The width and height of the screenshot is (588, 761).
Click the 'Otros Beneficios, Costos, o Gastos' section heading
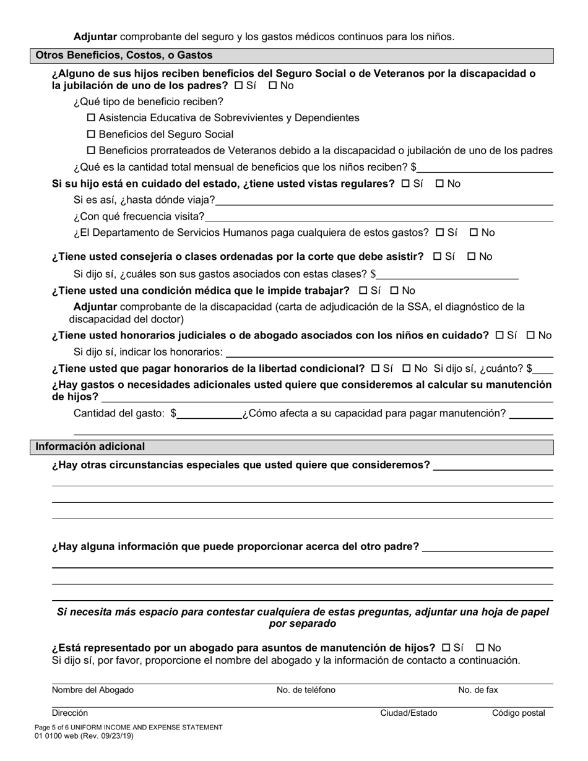pyautogui.click(x=124, y=56)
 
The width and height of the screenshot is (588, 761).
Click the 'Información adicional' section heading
pyautogui.click(x=90, y=447)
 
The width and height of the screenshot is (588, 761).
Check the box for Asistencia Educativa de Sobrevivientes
pyautogui.click(x=92, y=118)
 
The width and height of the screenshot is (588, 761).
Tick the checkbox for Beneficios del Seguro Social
pyautogui.click(x=92, y=135)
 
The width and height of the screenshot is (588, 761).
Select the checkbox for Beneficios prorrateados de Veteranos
pyautogui.click(x=92, y=151)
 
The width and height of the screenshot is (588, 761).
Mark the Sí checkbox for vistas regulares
pyautogui.click(x=406, y=184)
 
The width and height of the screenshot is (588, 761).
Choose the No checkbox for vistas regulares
pyautogui.click(x=440, y=184)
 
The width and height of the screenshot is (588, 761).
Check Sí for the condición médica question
pyautogui.click(x=363, y=291)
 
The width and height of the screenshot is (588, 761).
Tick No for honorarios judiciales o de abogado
pyautogui.click(x=530, y=335)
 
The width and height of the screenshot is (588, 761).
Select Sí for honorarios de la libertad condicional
pyautogui.click(x=375, y=369)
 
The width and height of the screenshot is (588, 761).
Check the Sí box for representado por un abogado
pyautogui.click(x=446, y=648)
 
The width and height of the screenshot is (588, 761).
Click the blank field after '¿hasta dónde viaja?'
pyautogui.click(x=384, y=200)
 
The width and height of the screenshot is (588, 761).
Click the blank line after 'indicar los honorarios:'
pyautogui.click(x=390, y=352)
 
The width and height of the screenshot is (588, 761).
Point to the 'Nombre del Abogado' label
pyautogui.click(x=93, y=690)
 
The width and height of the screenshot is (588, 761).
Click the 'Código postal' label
pyautogui.click(x=518, y=713)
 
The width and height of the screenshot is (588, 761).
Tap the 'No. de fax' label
pyautogui.click(x=478, y=690)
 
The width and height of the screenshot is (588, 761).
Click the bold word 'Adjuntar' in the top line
pyautogui.click(x=95, y=37)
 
